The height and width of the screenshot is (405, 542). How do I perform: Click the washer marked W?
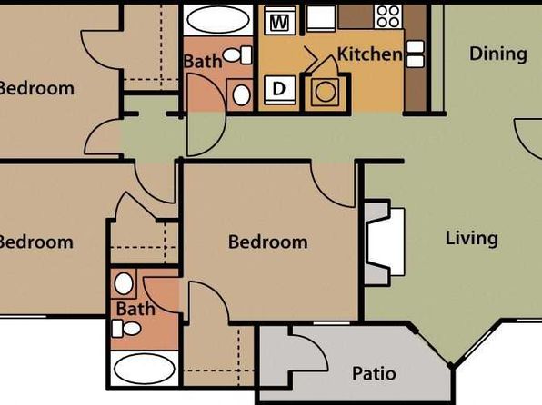point(280,21)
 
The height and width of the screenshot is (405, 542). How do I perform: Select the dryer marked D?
point(280,89)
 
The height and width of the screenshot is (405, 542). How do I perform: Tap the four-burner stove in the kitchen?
point(387,16)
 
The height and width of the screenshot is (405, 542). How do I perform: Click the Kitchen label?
point(369,54)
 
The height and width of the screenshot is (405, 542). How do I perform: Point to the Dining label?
point(498,54)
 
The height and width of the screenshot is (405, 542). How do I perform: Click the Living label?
point(472,239)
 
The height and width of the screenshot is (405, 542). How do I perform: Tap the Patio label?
point(374,373)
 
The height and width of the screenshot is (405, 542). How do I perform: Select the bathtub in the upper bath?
point(218,20)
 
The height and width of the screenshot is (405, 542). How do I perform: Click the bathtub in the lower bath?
point(145,368)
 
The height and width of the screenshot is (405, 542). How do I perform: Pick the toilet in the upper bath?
point(237,54)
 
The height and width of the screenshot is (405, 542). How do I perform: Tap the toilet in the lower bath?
point(126,329)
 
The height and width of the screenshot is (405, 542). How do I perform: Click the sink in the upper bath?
point(242,95)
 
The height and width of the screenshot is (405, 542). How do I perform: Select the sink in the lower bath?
point(124,283)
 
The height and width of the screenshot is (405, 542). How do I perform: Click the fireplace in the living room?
point(386,242)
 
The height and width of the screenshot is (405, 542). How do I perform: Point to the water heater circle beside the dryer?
point(326,93)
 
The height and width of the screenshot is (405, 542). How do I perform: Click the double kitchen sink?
point(416,54)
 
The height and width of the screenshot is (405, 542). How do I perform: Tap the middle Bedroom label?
point(268,242)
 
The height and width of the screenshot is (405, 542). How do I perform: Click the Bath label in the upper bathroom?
point(203,62)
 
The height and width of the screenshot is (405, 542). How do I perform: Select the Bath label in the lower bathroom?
point(135,309)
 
